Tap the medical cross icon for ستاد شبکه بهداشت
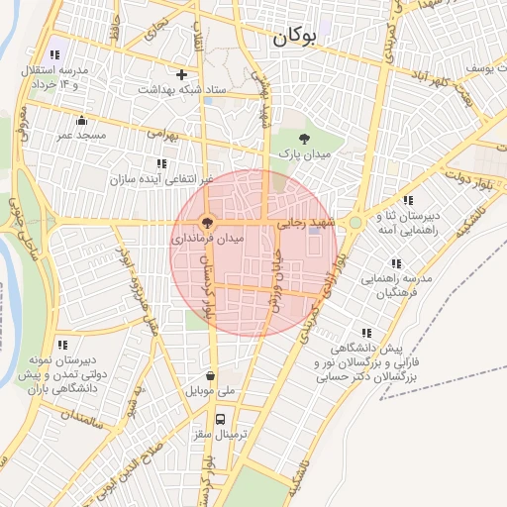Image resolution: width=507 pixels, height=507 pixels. pyautogui.click(x=181, y=74)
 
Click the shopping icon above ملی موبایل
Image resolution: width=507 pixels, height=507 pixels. pyautogui.click(x=211, y=376)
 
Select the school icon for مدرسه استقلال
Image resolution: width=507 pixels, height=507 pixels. pyautogui.click(x=53, y=55)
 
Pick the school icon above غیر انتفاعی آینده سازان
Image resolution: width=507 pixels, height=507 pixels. pyautogui.click(x=160, y=163)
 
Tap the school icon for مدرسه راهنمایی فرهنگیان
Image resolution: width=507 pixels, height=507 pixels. pyautogui.click(x=395, y=263)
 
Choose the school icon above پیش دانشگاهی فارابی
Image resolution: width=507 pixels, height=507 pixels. pyautogui.click(x=367, y=333)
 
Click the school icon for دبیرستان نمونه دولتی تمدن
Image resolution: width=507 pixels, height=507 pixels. pyautogui.click(x=62, y=346)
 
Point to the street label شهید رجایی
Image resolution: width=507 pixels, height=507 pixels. pyautogui.click(x=309, y=224)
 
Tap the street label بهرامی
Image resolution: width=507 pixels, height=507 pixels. pyautogui.click(x=162, y=132)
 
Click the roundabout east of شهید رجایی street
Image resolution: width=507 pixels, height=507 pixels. pyautogui.click(x=354, y=223)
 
